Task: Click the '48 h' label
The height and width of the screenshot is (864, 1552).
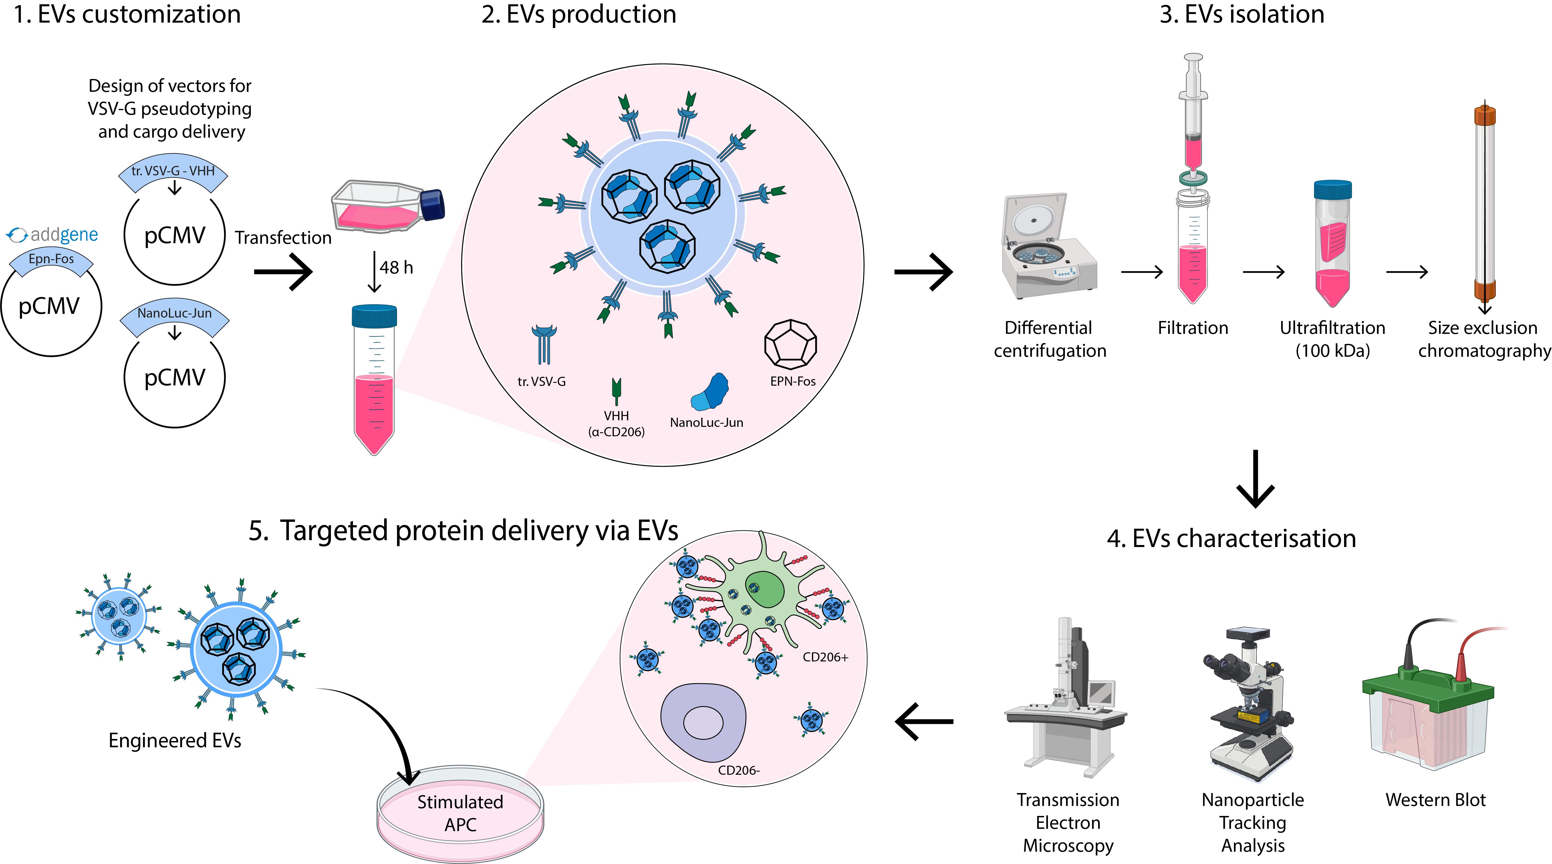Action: click(396, 267)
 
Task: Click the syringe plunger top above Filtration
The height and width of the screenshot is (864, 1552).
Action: click(1193, 58)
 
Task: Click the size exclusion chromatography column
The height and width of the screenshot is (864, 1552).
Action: click(1484, 205)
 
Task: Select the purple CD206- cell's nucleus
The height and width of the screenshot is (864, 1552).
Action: click(702, 722)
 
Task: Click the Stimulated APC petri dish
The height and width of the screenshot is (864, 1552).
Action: click(460, 813)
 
